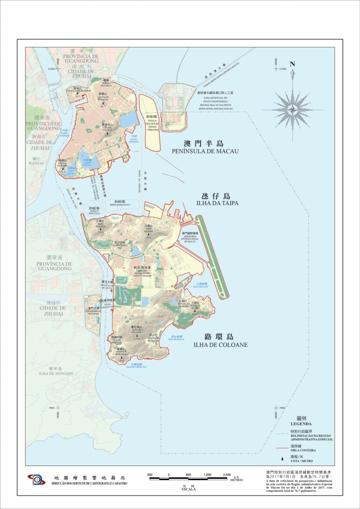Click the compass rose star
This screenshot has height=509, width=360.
click(292, 107)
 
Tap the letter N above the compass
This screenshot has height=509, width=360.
click(292, 64)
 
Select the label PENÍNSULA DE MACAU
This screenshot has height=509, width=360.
click(204, 151)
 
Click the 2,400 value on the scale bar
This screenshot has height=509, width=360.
click(226, 474)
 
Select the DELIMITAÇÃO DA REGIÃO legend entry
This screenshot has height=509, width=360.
click(312, 436)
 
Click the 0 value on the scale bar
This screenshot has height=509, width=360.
click(169, 474)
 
